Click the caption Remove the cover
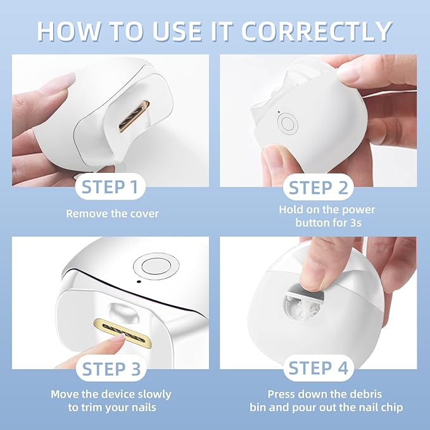[112, 213]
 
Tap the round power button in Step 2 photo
[288, 123]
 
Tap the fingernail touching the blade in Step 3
[119, 339]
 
